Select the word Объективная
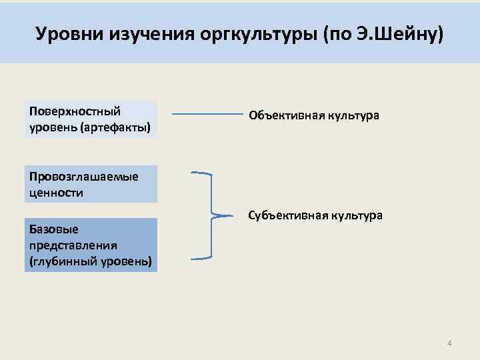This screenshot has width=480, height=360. pyautogui.click(x=287, y=115)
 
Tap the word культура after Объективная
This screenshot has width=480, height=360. pyautogui.click(x=353, y=115)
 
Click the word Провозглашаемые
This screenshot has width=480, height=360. pyautogui.click(x=83, y=176)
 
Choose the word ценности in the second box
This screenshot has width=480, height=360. pyautogui.click(x=57, y=193)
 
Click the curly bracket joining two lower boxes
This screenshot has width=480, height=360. pyautogui.click(x=209, y=215)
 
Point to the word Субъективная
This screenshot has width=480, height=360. pyautogui.click(x=287, y=216)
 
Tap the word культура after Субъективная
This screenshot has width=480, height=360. pyautogui.click(x=357, y=216)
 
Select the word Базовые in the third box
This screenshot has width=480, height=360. pyautogui.click(x=54, y=229)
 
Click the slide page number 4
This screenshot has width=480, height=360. pyautogui.click(x=449, y=343)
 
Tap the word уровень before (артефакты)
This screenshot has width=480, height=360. pyautogui.click(x=52, y=126)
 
